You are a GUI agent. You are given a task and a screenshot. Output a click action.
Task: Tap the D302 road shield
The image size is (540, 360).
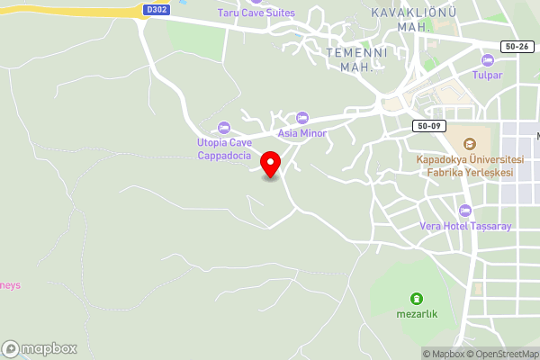156,10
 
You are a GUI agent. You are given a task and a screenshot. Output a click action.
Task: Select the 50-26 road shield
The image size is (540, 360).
517,45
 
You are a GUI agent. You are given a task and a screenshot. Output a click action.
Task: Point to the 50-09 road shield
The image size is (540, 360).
428,125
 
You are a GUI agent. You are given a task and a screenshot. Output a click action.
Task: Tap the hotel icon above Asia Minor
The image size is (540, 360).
302,118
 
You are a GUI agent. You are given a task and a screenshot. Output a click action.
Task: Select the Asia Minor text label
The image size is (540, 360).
301,133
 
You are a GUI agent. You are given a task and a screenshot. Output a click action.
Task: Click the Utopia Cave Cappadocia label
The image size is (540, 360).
224,148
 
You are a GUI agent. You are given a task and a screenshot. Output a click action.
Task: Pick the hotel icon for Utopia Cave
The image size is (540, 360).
224,127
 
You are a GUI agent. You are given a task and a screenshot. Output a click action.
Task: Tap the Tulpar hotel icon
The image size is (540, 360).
488,59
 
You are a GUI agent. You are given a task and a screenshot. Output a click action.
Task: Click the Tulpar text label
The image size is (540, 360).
488,75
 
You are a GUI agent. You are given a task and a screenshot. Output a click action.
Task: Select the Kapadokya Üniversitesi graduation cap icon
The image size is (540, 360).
469,144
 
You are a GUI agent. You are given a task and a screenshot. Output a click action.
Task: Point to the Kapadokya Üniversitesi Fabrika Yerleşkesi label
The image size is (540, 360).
464,166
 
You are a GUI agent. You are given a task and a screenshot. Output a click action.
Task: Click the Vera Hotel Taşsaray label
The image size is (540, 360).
465,226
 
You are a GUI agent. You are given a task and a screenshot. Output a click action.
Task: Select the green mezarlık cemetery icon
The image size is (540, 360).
416,299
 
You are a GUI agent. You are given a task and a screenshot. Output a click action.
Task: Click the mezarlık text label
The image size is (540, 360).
416,315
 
